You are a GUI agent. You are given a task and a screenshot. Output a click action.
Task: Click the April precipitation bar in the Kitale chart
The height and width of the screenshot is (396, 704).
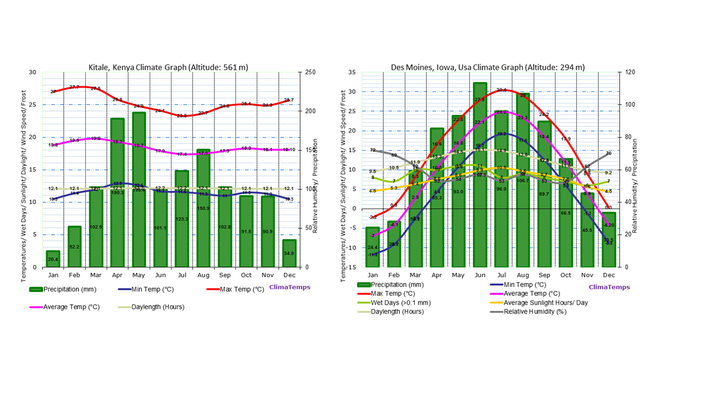[117, 193]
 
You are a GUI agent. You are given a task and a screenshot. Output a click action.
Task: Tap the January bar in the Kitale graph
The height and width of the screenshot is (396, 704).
[53, 259]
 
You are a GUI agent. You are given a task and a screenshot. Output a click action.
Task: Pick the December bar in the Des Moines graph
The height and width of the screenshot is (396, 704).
[608, 240]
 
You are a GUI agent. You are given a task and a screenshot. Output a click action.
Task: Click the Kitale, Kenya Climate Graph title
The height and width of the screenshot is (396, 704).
[168, 67]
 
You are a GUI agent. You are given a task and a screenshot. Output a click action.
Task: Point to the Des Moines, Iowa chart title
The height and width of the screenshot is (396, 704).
[488, 67]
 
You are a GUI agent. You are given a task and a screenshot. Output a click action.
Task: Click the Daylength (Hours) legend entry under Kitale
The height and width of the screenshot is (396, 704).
[157, 307]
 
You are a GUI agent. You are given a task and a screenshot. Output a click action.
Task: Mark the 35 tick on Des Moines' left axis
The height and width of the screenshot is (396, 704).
[351, 72]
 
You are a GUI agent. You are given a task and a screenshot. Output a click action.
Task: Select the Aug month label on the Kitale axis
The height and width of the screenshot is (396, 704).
[203, 275]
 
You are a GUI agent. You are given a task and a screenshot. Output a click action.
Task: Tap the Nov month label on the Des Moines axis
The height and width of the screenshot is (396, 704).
[587, 275]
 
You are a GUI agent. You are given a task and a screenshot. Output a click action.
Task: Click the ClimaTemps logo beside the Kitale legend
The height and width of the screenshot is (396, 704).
[289, 287]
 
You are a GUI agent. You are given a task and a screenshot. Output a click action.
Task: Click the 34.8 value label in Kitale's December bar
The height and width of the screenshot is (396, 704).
[289, 253]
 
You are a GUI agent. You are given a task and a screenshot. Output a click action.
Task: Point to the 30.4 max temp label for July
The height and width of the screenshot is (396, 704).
[501, 90]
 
